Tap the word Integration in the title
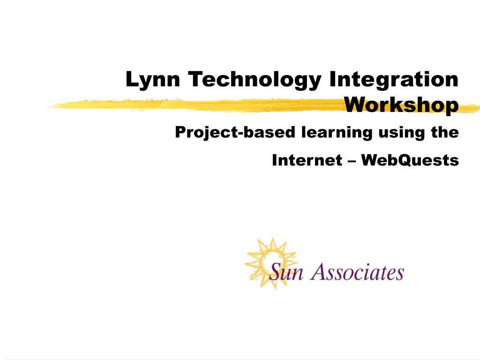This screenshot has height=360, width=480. pos(394,79)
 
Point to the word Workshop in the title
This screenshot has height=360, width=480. pos(401,105)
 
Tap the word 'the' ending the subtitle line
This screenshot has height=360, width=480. pos(445,132)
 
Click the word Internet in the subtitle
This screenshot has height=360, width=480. pos(307,161)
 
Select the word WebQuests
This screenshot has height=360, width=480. pos(410,161)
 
